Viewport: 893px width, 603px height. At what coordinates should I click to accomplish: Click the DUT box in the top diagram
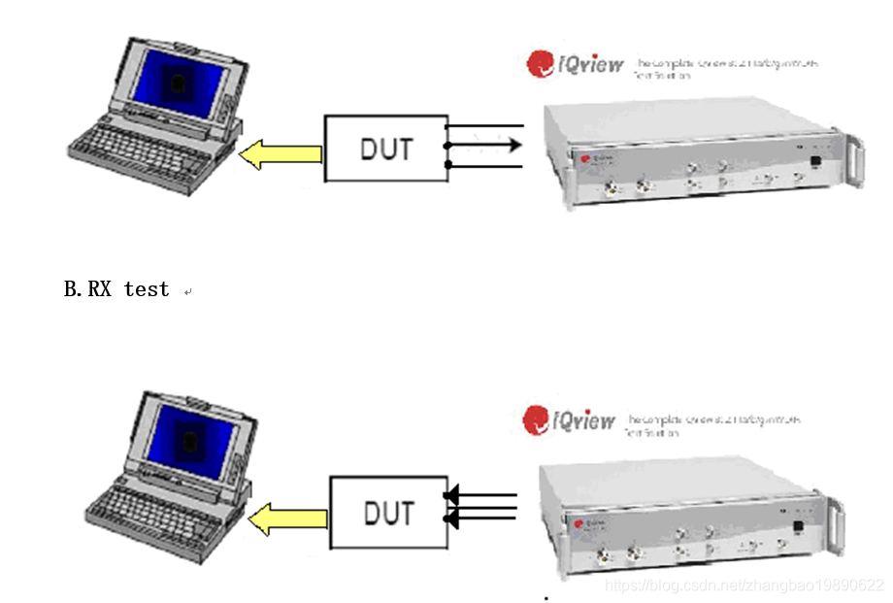click(384, 149)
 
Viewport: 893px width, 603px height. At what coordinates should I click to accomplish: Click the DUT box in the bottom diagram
click(388, 513)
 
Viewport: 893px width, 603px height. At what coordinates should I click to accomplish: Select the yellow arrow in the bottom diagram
click(287, 519)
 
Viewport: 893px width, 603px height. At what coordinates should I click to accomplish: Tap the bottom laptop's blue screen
click(190, 441)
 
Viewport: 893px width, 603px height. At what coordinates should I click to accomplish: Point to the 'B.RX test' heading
click(116, 289)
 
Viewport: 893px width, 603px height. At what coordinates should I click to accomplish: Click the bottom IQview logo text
click(584, 420)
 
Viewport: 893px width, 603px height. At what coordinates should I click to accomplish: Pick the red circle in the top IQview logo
click(540, 64)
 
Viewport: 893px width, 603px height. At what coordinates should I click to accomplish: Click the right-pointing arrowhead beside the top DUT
click(513, 146)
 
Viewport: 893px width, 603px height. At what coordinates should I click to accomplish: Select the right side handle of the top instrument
click(854, 160)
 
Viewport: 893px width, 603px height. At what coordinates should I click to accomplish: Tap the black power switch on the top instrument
click(815, 163)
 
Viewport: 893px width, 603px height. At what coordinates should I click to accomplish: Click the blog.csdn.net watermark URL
click(744, 586)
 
